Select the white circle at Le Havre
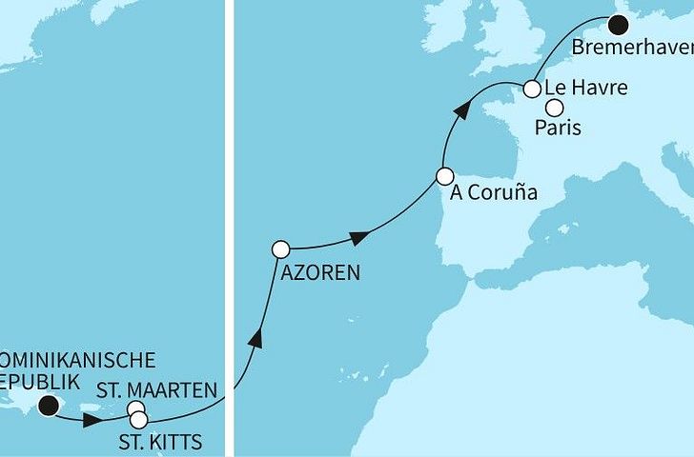(x=533, y=89)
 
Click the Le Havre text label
(x=586, y=89)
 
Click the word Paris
(x=560, y=127)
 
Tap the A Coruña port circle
(x=444, y=176)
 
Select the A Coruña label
(x=494, y=193)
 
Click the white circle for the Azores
(x=280, y=249)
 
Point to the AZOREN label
(x=320, y=273)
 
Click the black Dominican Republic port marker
(x=49, y=407)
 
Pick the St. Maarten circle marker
(x=136, y=409)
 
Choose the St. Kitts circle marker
(x=139, y=419)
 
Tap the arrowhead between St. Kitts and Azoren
(x=255, y=339)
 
